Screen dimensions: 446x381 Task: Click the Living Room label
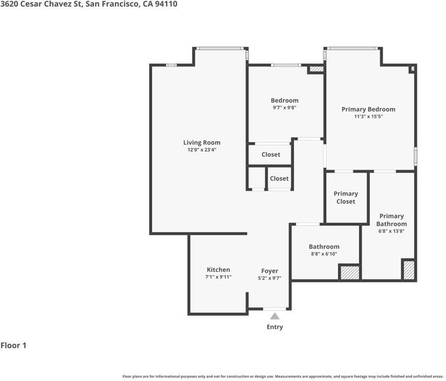pyautogui.click(x=202, y=143)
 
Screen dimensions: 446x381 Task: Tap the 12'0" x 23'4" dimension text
pyautogui.click(x=202, y=150)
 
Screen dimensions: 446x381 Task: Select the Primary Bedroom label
pyautogui.click(x=369, y=109)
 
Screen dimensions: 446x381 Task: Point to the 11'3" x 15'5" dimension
pyautogui.click(x=369, y=116)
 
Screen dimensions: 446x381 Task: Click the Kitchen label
pyautogui.click(x=218, y=270)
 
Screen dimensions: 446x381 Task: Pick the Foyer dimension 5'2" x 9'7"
pyautogui.click(x=270, y=278)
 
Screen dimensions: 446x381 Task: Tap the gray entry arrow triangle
pyautogui.click(x=275, y=316)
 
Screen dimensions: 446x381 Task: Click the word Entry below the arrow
pyautogui.click(x=275, y=327)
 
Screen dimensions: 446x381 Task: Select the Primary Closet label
pyautogui.click(x=346, y=197)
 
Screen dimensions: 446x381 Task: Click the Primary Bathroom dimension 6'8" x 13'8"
pyautogui.click(x=391, y=231)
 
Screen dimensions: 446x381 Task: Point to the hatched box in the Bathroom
pyautogui.click(x=350, y=272)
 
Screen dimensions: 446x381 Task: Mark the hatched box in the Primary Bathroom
pyautogui.click(x=409, y=270)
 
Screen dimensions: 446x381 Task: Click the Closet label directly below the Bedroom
pyautogui.click(x=271, y=154)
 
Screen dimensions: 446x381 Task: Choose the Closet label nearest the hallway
pyautogui.click(x=279, y=178)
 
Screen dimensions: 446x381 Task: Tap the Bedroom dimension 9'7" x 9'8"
pyautogui.click(x=284, y=108)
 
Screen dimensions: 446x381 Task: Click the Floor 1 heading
pyautogui.click(x=13, y=345)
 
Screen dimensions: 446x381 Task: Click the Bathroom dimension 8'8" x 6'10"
pyautogui.click(x=324, y=254)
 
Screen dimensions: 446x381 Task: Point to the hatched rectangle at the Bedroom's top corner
pyautogui.click(x=317, y=69)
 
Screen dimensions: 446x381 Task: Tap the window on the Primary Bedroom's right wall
pyautogui.click(x=416, y=156)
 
